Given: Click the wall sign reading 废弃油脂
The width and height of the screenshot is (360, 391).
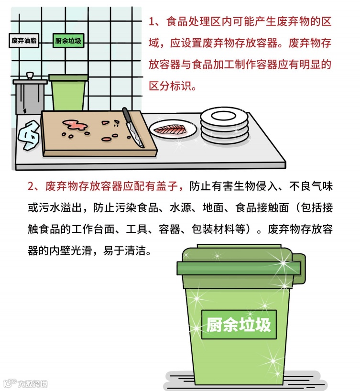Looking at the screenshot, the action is [x=24, y=41].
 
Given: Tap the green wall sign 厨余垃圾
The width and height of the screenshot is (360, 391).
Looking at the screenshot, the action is [x=68, y=41].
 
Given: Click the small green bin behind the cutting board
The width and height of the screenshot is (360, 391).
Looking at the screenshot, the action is [x=68, y=92].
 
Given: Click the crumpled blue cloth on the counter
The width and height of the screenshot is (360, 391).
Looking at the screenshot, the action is [x=29, y=135].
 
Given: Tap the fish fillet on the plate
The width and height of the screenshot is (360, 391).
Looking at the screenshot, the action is [x=170, y=130].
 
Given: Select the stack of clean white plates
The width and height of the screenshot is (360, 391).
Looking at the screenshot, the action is [x=224, y=126].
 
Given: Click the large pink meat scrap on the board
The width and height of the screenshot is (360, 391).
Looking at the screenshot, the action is [x=75, y=125].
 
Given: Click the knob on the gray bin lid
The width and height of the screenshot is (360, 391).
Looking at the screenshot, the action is [x=30, y=76].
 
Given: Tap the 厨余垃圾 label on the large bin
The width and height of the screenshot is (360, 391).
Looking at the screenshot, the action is [x=239, y=325].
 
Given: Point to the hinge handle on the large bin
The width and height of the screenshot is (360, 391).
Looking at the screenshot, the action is [x=299, y=269].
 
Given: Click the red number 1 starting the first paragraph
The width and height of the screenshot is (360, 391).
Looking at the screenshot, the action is [x=152, y=22].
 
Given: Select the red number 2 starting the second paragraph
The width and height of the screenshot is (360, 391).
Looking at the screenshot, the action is [x=31, y=186].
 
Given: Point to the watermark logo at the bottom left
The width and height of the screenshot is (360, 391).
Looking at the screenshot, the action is [x=25, y=383].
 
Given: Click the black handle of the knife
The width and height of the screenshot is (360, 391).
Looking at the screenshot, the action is [x=127, y=116].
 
